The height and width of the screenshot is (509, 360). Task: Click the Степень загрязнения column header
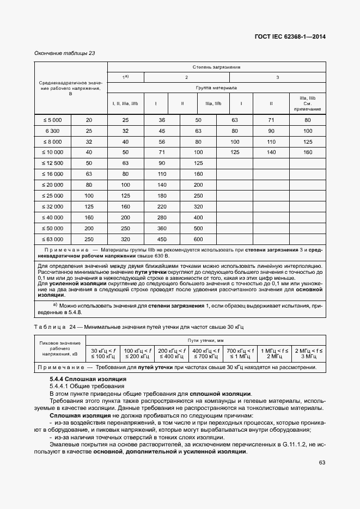(216, 67)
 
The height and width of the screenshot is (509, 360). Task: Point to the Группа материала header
(216, 87)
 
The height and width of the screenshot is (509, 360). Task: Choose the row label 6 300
(52, 131)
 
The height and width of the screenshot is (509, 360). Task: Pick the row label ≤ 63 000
(52, 239)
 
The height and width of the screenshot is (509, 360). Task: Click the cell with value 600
(198, 239)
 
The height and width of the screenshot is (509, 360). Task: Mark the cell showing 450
(162, 239)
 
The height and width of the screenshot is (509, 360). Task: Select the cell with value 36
(162, 120)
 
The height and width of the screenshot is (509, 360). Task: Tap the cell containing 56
(162, 142)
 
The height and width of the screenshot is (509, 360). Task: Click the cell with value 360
(162, 228)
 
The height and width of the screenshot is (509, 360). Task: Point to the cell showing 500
(198, 228)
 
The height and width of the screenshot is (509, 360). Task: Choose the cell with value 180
(162, 195)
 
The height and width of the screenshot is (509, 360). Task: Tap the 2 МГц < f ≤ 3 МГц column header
(309, 353)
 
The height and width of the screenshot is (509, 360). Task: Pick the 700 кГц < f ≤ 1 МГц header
(240, 353)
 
